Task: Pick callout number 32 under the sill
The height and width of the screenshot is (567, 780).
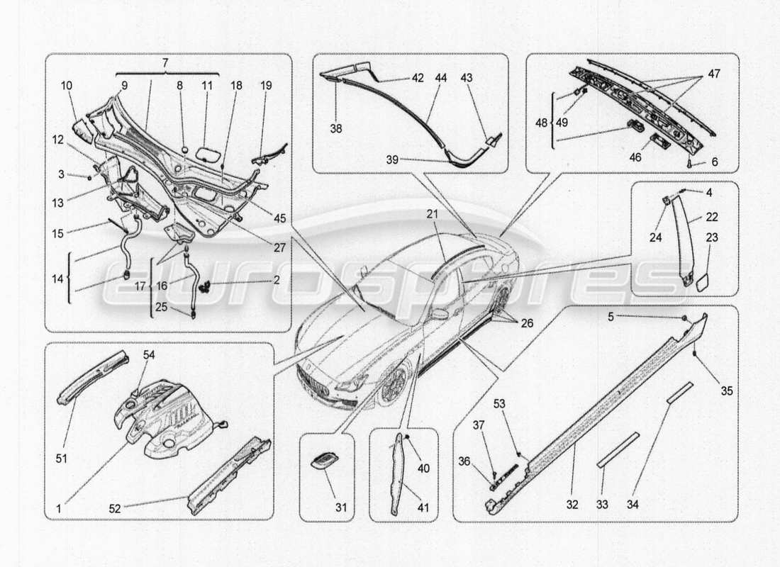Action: pyautogui.click(x=572, y=505)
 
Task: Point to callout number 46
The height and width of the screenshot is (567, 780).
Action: pyautogui.click(x=636, y=157)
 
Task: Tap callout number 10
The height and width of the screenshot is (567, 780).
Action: pyautogui.click(x=66, y=85)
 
